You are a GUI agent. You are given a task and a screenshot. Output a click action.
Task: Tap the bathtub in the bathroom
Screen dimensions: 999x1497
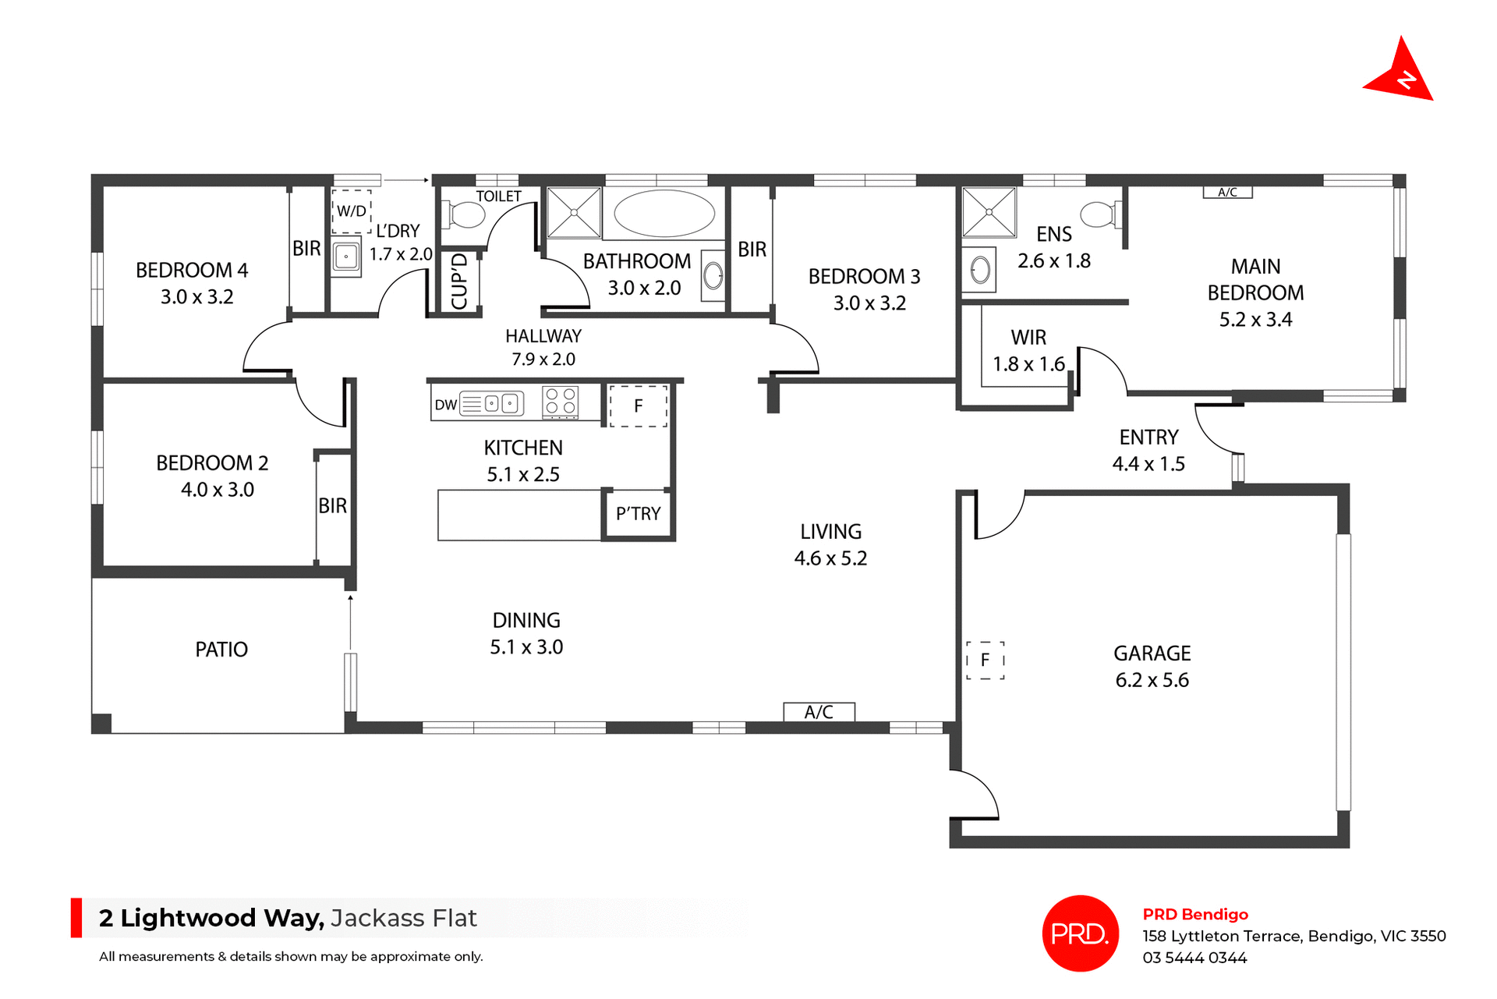pos(664,213)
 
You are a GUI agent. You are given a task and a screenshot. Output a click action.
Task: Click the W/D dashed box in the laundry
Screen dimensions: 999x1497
pos(352,211)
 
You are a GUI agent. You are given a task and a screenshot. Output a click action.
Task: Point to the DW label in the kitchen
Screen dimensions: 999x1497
pos(445,405)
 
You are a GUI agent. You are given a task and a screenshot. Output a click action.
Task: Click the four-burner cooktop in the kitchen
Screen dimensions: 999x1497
pos(561,402)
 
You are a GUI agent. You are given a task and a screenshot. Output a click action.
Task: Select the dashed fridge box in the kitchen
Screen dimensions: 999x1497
pos(638,406)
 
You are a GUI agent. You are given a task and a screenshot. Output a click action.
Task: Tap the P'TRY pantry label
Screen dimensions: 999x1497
pos(638,513)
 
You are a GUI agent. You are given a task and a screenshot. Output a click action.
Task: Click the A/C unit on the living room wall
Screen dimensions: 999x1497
pos(819,712)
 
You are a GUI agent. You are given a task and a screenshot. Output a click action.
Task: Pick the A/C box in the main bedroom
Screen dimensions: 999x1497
pos(1227,193)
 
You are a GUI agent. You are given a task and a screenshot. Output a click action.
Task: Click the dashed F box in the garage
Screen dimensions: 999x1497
pos(985,660)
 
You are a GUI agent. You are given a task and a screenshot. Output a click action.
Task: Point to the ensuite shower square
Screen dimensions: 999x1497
pos(989,212)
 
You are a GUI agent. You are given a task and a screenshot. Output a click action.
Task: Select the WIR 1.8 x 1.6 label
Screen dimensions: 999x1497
pos(1028,351)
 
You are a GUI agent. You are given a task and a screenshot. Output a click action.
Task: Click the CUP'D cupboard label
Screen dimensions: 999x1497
pos(460,281)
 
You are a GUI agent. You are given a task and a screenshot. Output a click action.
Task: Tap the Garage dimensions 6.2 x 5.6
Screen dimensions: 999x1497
pos(1152,680)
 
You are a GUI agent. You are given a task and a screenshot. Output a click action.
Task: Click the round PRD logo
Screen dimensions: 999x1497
pos(1080,933)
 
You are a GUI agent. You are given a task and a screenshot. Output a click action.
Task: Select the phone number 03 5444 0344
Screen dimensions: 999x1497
pos(1194,958)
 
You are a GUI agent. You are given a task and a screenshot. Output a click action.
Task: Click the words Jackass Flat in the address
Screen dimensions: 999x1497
pos(403,918)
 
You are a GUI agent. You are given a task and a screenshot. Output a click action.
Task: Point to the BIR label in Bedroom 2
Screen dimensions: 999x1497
pos(332,505)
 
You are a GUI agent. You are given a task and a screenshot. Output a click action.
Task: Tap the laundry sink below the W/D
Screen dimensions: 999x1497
pos(346,257)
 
